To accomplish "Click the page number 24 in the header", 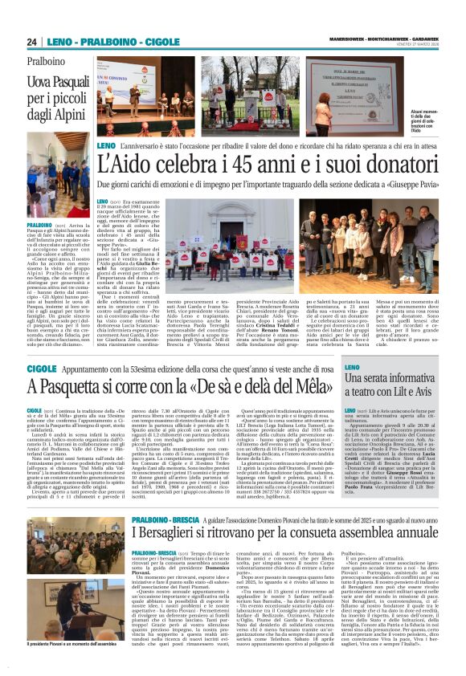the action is [x=32, y=42].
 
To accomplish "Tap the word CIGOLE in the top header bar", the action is [x=163, y=42].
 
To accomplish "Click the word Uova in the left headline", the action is [x=41, y=82].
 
